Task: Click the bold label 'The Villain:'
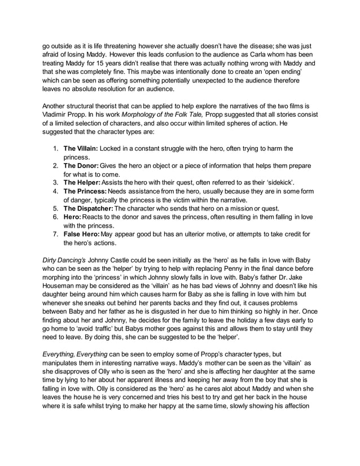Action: coord(80,148)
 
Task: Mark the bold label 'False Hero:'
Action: coord(81,238)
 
